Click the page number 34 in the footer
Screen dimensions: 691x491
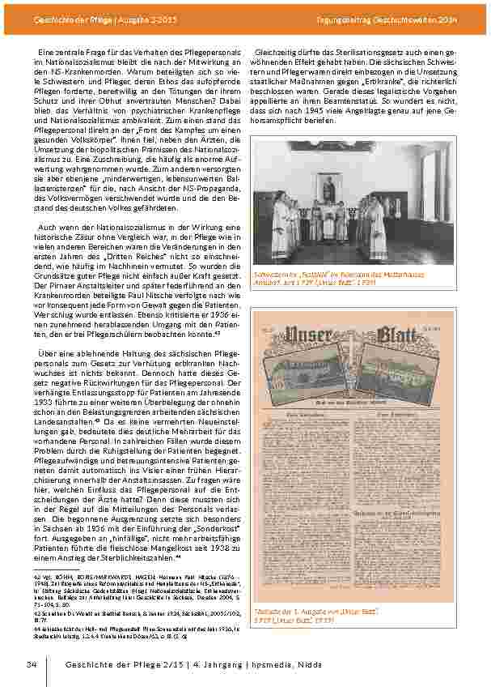pos(32,664)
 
